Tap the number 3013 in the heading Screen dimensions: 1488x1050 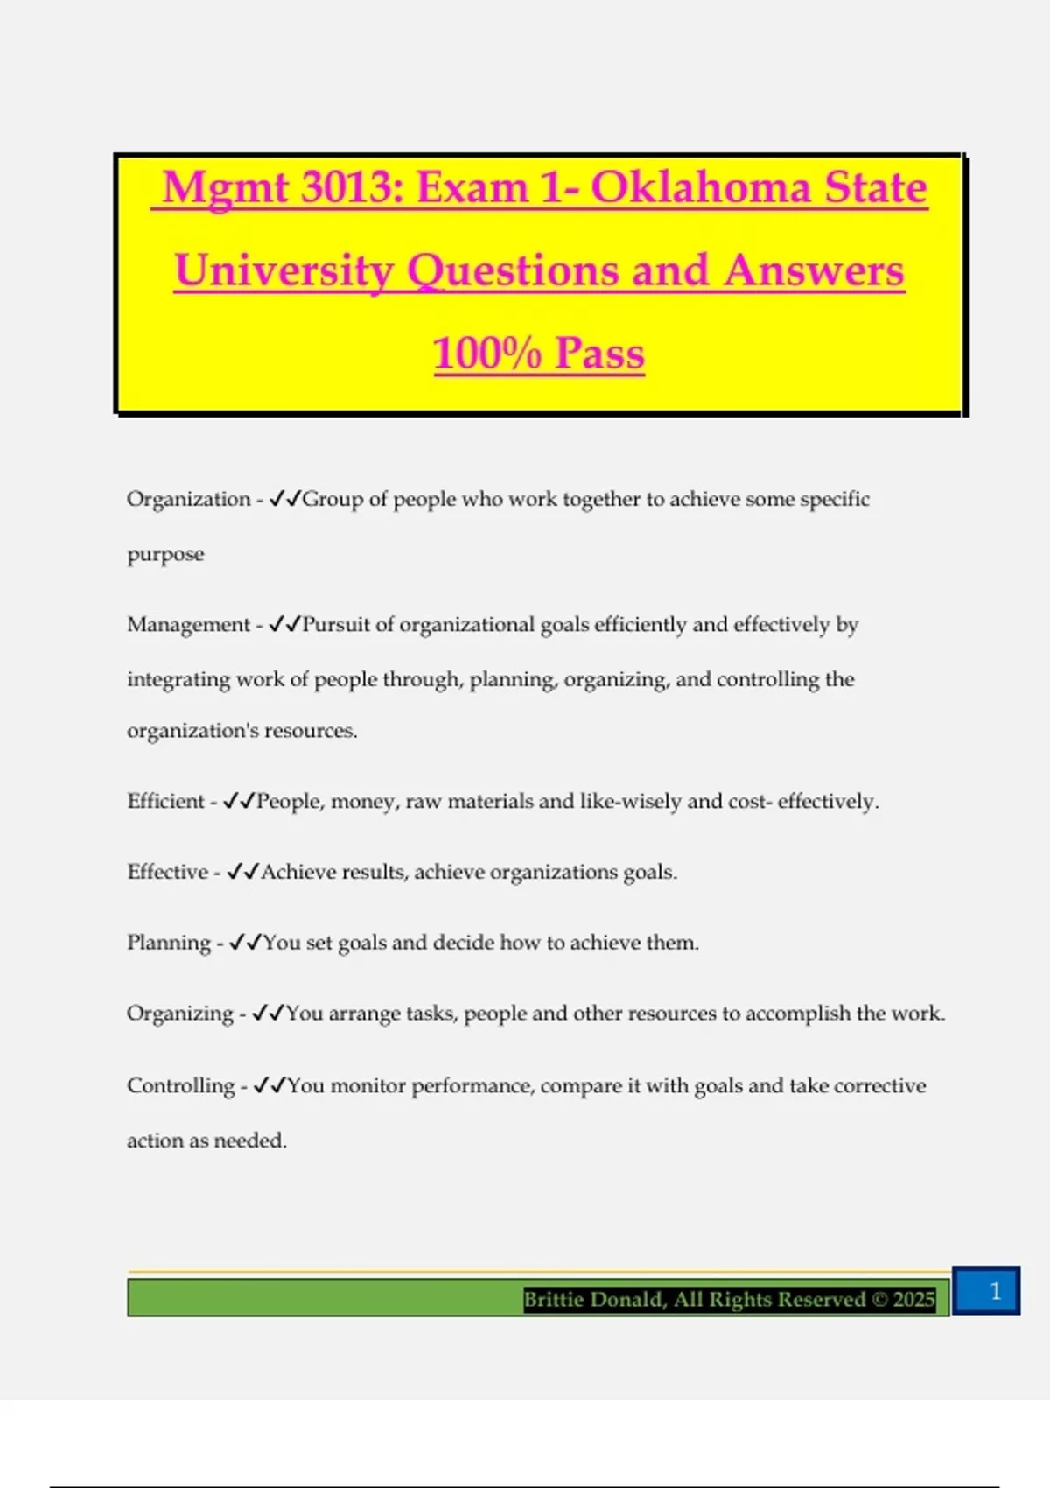coord(352,187)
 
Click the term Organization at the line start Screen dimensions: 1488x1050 coord(188,499)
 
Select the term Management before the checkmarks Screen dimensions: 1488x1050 coord(188,624)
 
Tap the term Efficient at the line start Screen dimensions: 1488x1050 coord(165,801)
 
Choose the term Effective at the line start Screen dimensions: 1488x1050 coord(167,872)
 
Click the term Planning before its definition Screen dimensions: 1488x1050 coord(169,943)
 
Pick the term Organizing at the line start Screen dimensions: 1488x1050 coord(179,1014)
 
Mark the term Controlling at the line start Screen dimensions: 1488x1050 coord(180,1085)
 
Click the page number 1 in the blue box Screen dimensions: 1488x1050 coord(995,1291)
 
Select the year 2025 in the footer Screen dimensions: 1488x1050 coord(913,1299)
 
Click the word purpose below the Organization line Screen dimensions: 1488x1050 coord(165,555)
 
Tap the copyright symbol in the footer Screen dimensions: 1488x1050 coord(879,1299)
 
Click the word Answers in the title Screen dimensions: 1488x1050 coord(814,270)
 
